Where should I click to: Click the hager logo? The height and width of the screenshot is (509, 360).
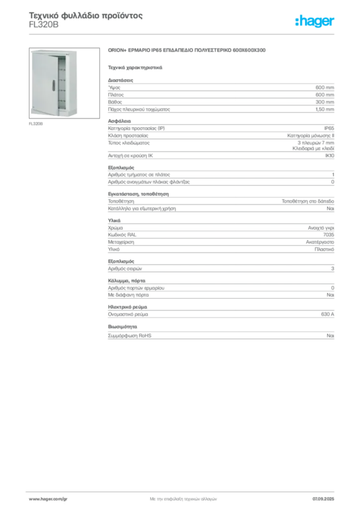(x=314, y=21)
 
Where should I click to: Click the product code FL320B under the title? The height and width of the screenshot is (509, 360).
(x=44, y=25)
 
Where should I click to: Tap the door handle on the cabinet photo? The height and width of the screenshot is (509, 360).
(x=53, y=84)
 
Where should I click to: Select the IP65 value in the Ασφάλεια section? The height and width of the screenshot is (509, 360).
(x=329, y=128)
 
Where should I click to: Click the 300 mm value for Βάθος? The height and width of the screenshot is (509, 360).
(x=325, y=102)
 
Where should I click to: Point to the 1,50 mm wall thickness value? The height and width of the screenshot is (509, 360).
(x=325, y=109)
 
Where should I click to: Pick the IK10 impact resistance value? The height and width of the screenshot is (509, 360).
(x=330, y=156)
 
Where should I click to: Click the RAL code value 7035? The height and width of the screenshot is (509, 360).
(x=329, y=235)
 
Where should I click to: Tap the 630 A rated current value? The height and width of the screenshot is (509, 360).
(x=328, y=314)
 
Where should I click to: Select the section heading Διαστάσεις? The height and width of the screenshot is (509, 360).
(x=120, y=80)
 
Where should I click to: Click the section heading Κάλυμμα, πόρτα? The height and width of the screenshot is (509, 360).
(x=127, y=281)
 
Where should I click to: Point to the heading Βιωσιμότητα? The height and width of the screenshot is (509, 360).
(x=122, y=327)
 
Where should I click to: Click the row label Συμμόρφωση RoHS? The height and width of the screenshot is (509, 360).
(x=129, y=336)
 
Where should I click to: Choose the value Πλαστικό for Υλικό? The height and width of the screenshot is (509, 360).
(x=324, y=250)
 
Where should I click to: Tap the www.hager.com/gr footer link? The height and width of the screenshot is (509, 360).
(x=48, y=499)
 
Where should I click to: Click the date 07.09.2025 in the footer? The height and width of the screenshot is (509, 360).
(x=323, y=499)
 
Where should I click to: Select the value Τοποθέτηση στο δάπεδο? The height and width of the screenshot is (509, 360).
(x=308, y=201)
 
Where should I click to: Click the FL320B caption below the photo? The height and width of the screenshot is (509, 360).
(x=36, y=124)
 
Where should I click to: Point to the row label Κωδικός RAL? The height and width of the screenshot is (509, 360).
(x=122, y=235)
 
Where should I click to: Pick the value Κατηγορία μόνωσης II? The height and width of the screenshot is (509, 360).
(x=311, y=136)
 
